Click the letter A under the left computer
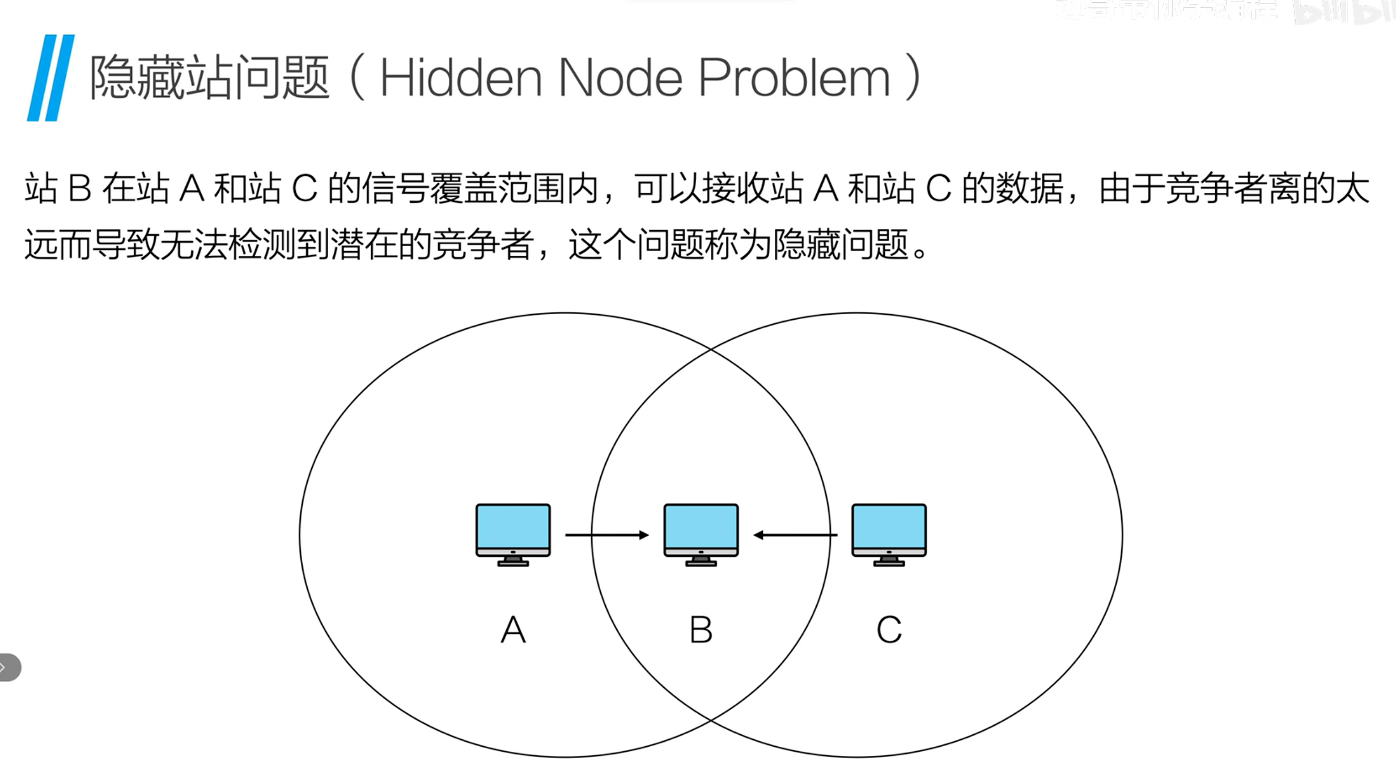513,629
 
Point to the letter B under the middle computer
701,629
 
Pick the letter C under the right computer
889,629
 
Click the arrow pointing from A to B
606,535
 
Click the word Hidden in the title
460,78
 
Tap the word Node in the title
620,78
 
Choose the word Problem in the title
794,78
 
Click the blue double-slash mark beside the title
51,78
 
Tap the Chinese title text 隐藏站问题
209,78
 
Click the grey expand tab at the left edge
10,667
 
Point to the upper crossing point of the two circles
711,349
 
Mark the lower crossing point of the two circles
711,720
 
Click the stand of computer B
701,561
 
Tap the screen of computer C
889,526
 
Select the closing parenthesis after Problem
913,78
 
